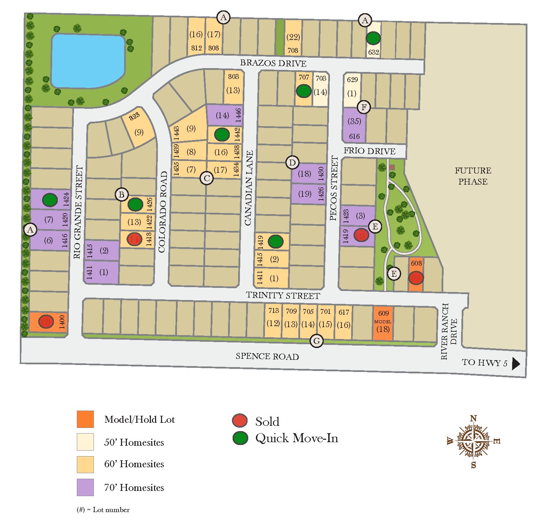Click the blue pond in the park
88,61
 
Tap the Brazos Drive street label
273,63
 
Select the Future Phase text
473,176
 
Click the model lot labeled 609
383,323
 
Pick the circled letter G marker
317,341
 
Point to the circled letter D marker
292,162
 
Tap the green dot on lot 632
373,38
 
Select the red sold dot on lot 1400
46,322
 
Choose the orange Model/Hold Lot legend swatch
85,419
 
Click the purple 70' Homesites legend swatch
85,487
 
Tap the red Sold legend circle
240,421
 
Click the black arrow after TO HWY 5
516,364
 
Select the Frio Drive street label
369,151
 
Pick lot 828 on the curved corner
138,125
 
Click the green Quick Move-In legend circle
240,438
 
